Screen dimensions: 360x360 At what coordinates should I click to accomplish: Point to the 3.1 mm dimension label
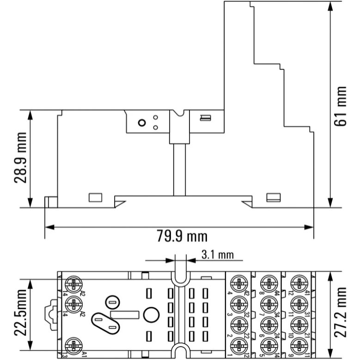coord(218,255)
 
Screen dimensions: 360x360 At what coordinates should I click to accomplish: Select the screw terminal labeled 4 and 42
coord(239,283)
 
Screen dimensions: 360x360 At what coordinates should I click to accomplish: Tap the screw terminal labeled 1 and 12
coord(239,345)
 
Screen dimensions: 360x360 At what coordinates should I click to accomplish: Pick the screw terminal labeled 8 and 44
coord(268,283)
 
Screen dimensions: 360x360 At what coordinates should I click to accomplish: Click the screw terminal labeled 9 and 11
coord(298,345)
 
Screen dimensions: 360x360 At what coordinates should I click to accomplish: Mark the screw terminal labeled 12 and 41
coord(298,283)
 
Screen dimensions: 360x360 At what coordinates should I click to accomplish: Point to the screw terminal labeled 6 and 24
coord(268,324)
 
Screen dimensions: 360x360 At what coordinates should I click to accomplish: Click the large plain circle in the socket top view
coord(151,315)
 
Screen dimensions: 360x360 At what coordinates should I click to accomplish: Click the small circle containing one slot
coord(110,303)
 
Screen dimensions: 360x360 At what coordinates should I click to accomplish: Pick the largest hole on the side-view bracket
coord(142,123)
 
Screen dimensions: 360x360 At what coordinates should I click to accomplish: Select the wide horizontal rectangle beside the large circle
coord(125,315)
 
